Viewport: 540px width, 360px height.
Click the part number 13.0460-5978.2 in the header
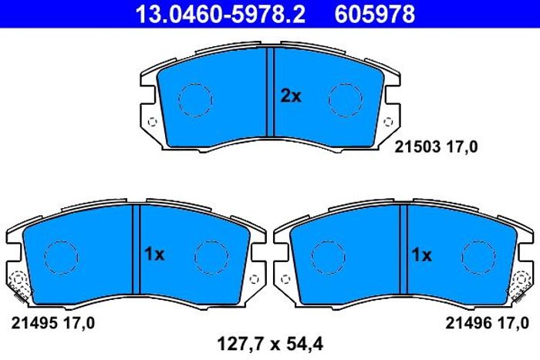221,14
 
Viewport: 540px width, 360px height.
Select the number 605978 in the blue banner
375,14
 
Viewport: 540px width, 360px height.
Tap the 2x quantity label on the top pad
291,96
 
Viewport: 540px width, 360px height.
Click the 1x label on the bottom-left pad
154,254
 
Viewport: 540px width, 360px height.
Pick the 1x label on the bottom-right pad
421,255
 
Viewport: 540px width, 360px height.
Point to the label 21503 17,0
436,147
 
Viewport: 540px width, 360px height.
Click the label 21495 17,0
52,323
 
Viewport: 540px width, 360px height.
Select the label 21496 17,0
487,323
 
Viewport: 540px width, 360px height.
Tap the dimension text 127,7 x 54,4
270,344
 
